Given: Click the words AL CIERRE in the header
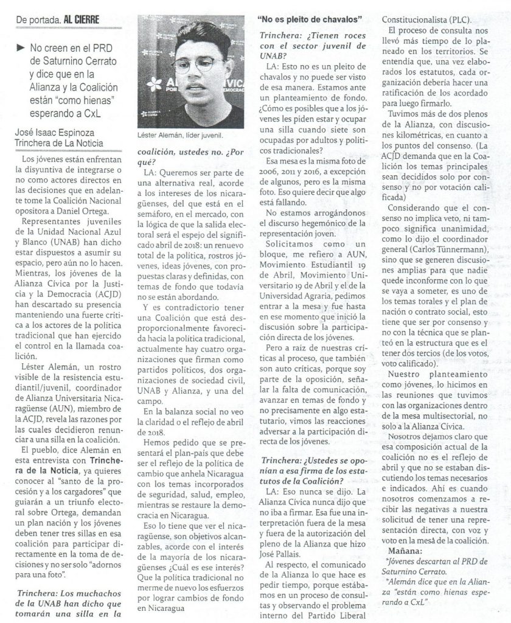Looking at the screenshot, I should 80,19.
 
